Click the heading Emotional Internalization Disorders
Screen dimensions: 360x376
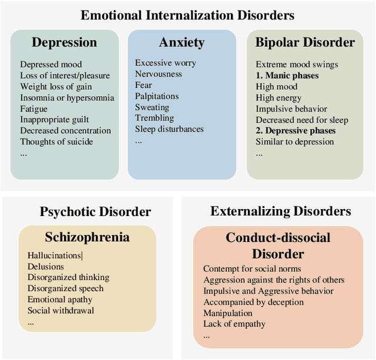point(187,15)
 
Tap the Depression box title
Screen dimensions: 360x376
point(64,42)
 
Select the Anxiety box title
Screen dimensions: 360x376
point(182,42)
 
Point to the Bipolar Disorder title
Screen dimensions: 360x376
point(305,42)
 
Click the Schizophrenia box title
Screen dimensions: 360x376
point(87,237)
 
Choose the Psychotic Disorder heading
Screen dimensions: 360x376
point(95,211)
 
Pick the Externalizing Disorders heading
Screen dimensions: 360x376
point(280,211)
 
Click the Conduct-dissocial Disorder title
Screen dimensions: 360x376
point(278,245)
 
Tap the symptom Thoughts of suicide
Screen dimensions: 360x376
point(56,142)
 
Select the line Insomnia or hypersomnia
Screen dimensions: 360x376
point(66,97)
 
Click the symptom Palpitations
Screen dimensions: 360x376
point(157,96)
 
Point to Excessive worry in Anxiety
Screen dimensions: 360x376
point(166,63)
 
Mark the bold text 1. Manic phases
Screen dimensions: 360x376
point(287,76)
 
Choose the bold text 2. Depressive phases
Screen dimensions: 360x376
point(296,130)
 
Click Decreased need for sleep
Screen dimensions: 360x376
point(302,120)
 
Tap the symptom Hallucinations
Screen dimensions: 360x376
point(55,255)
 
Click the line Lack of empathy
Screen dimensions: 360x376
point(234,324)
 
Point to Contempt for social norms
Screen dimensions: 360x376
point(252,269)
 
